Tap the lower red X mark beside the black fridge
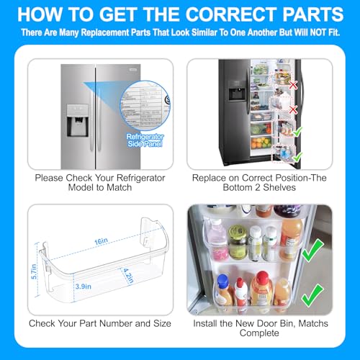[x=292, y=109]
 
